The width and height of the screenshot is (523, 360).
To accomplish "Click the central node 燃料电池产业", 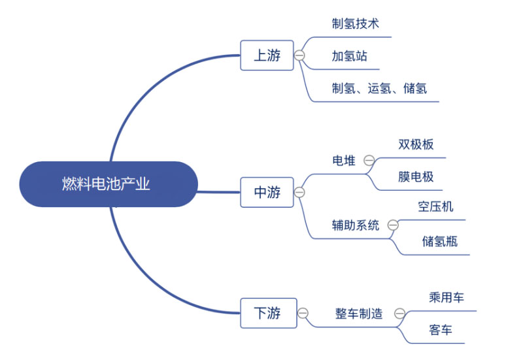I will (107, 184).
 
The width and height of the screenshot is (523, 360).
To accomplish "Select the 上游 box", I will (267, 56).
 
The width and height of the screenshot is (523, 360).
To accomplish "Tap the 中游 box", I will (267, 192).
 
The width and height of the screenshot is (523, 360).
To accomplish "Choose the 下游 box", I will (267, 314).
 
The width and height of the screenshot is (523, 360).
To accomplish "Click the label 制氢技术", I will (355, 24).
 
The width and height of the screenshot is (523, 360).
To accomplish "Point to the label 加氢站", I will (349, 56).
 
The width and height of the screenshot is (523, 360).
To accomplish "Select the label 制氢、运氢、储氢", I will (379, 88).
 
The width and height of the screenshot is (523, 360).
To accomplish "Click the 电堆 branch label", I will (344, 161).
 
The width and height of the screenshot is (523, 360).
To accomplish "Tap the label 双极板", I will (416, 144).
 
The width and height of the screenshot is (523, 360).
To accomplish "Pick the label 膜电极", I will (416, 176).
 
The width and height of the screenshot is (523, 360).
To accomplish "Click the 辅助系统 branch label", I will (356, 225).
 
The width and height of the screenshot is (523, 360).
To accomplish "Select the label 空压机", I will (435, 207).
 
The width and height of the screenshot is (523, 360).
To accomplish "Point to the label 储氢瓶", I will (439, 241).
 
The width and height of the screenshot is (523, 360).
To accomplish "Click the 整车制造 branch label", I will (359, 314).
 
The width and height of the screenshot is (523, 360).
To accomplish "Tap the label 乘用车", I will (446, 298).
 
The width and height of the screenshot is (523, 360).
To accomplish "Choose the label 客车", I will (441, 330).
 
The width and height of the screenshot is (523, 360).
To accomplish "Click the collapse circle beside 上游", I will (299, 56).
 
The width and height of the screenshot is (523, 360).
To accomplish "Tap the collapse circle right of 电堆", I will (369, 161).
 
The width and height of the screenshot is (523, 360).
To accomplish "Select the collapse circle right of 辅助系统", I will (393, 225).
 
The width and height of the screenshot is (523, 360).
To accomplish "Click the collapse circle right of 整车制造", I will (399, 314).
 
